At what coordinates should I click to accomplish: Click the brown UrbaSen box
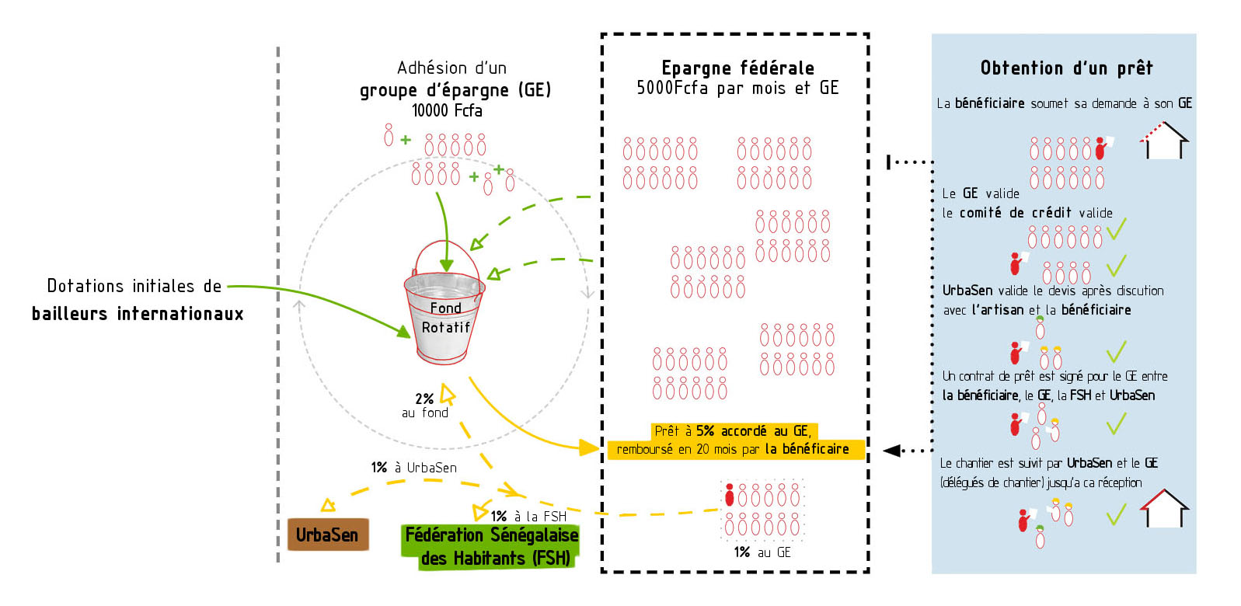[327, 535]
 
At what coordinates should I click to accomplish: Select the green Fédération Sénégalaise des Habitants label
[491, 546]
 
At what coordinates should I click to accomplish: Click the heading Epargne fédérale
[737, 68]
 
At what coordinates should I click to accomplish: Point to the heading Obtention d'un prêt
[1066, 68]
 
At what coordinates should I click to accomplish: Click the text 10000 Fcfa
[447, 110]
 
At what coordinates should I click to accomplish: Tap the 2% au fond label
[425, 405]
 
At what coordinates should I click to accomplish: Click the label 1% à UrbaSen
[413, 468]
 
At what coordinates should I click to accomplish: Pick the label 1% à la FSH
[528, 516]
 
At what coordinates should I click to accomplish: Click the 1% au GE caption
[762, 552]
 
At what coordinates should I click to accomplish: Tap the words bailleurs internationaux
[138, 314]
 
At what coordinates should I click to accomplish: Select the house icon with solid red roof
[1164, 509]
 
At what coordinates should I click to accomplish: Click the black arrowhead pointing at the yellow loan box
[892, 451]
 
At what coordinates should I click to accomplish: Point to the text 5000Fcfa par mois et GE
[737, 88]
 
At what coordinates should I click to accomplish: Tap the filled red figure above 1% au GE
[730, 495]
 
